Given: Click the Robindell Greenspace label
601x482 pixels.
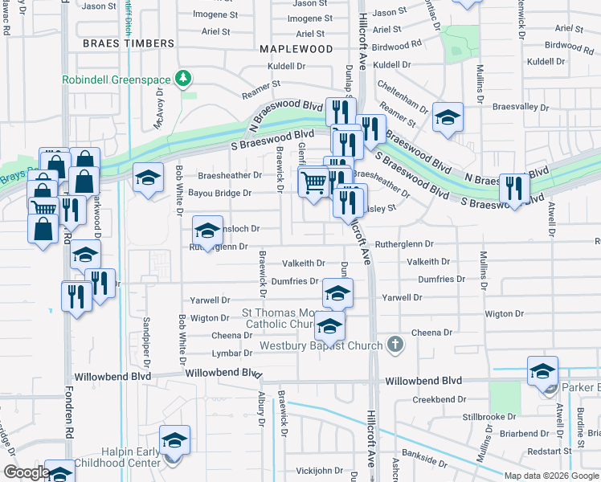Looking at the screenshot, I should click(x=119, y=80).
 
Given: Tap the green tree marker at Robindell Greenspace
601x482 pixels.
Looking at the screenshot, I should click(x=186, y=79).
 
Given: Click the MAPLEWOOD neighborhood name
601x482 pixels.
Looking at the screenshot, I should click(x=296, y=49).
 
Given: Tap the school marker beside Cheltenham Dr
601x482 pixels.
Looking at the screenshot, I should click(x=448, y=117).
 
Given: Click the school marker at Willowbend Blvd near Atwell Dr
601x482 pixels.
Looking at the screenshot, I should click(x=542, y=371).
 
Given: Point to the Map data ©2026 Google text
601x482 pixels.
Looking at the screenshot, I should click(x=551, y=476).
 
